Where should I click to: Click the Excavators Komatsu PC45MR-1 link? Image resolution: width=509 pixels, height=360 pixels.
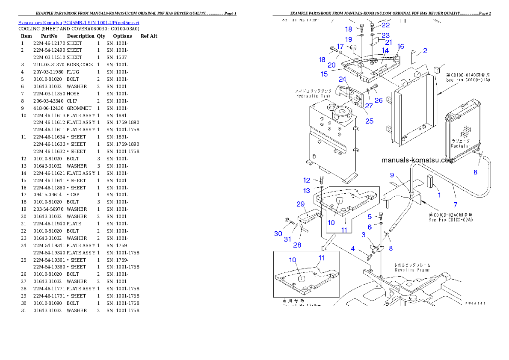click(78, 22)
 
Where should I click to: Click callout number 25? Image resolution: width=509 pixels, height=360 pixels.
click(369, 121)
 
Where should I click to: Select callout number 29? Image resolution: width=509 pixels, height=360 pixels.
click(300, 204)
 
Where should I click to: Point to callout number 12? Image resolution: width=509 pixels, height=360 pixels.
click(307, 180)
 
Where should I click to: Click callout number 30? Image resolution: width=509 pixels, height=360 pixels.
click(278, 233)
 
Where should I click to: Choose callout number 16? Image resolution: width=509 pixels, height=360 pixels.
click(400, 46)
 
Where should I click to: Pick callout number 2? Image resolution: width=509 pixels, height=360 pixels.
click(425, 51)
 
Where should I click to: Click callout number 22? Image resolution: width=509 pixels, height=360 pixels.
click(385, 25)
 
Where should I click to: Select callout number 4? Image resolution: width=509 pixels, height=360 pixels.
click(353, 248)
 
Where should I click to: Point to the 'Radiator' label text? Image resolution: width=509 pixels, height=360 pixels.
click(461, 145)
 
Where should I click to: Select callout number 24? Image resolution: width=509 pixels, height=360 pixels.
click(342, 79)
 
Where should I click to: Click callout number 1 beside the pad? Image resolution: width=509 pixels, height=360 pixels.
click(438, 195)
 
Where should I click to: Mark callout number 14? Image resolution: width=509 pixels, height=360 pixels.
click(385, 50)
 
